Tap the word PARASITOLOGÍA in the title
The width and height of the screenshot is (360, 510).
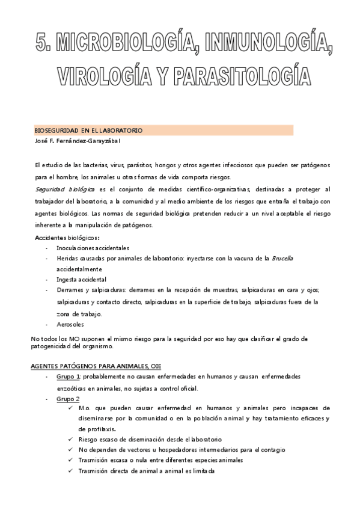click(243, 77)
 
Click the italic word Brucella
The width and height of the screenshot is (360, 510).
click(282, 258)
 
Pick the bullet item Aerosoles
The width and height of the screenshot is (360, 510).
click(70, 324)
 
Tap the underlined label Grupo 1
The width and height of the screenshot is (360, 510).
click(69, 376)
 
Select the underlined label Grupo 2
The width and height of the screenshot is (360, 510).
click(69, 398)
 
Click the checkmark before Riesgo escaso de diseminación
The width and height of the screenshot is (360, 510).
click(71, 440)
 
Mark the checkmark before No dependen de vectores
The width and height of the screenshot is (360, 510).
click(71, 450)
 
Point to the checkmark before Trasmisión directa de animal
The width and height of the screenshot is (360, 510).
click(71, 471)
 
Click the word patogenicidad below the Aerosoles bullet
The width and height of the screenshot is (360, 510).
click(52, 346)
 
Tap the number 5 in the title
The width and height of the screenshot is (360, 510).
click(41, 43)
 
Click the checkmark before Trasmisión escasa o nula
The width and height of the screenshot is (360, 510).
click(71, 461)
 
